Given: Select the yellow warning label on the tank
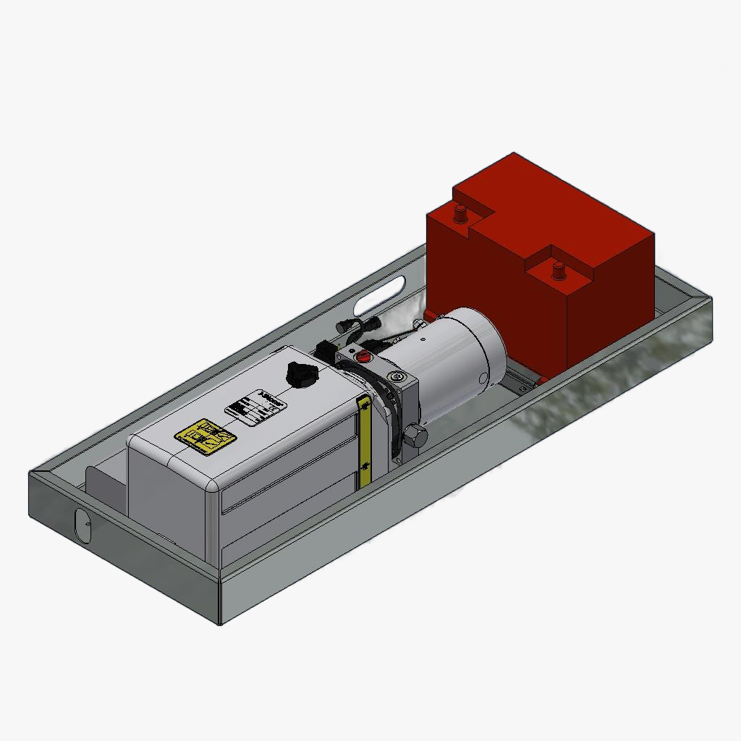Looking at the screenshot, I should click(206, 437).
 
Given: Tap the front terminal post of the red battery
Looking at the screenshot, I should click(558, 270).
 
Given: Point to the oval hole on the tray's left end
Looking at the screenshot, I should click(82, 525).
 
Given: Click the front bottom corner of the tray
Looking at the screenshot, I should click(220, 623).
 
